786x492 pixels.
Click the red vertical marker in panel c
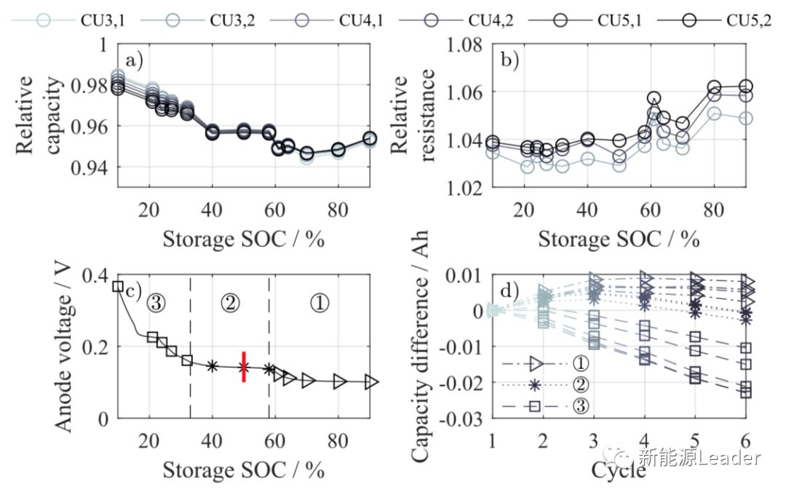pyautogui.click(x=244, y=367)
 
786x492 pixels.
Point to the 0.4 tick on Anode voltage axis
pyautogui.click(x=95, y=274)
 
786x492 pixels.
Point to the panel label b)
pyautogui.click(x=508, y=61)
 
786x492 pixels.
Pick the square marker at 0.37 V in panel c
pyautogui.click(x=118, y=286)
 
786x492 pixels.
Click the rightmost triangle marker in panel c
pyautogui.click(x=370, y=381)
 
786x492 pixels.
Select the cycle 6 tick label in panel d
pyautogui.click(x=745, y=442)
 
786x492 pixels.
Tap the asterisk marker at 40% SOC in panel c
pyautogui.click(x=212, y=366)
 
